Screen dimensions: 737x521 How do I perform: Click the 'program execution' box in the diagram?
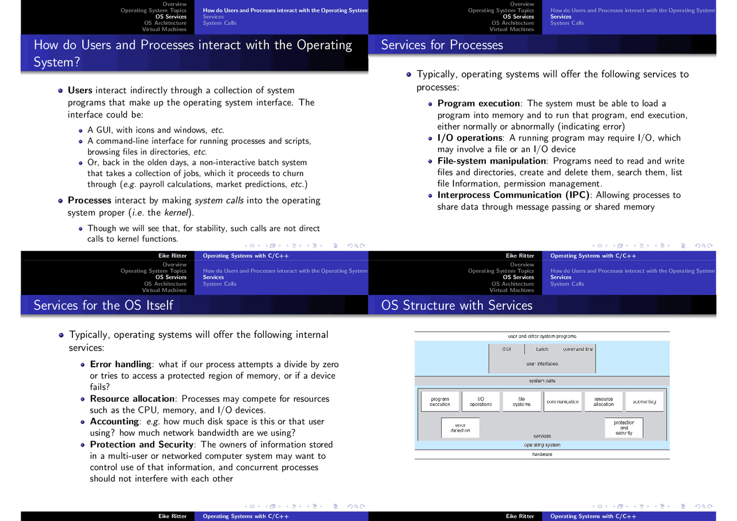pos(440,402)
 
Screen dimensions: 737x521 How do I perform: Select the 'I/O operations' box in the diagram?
pos(481,402)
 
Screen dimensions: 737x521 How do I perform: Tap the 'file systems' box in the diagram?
pos(522,402)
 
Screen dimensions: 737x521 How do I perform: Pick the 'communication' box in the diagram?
pos(563,402)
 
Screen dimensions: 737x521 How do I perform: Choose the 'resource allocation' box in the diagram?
pos(603,402)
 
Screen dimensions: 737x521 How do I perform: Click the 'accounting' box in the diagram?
pos(644,402)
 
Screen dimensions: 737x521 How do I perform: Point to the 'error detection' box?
pos(460,428)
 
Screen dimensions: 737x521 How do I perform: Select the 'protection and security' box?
pos(624,428)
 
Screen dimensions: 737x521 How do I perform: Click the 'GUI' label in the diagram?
pos(507,349)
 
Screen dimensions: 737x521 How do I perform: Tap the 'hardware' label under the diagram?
pos(542,454)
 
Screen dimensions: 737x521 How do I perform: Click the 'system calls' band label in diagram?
pos(542,381)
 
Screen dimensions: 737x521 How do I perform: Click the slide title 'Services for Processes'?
pos(442,45)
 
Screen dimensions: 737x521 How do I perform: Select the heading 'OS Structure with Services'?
pos(457,305)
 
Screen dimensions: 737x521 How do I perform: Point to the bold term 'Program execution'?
pos(478,103)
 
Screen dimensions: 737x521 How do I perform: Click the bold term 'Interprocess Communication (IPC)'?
pos(513,195)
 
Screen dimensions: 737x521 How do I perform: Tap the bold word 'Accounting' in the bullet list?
pos(114,421)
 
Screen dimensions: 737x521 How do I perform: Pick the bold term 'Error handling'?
pos(120,364)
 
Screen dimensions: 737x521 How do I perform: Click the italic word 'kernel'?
pos(176,212)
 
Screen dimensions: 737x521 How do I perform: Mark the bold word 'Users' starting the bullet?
pos(80,90)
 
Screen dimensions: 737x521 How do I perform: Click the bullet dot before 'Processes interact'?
pos(60,201)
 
